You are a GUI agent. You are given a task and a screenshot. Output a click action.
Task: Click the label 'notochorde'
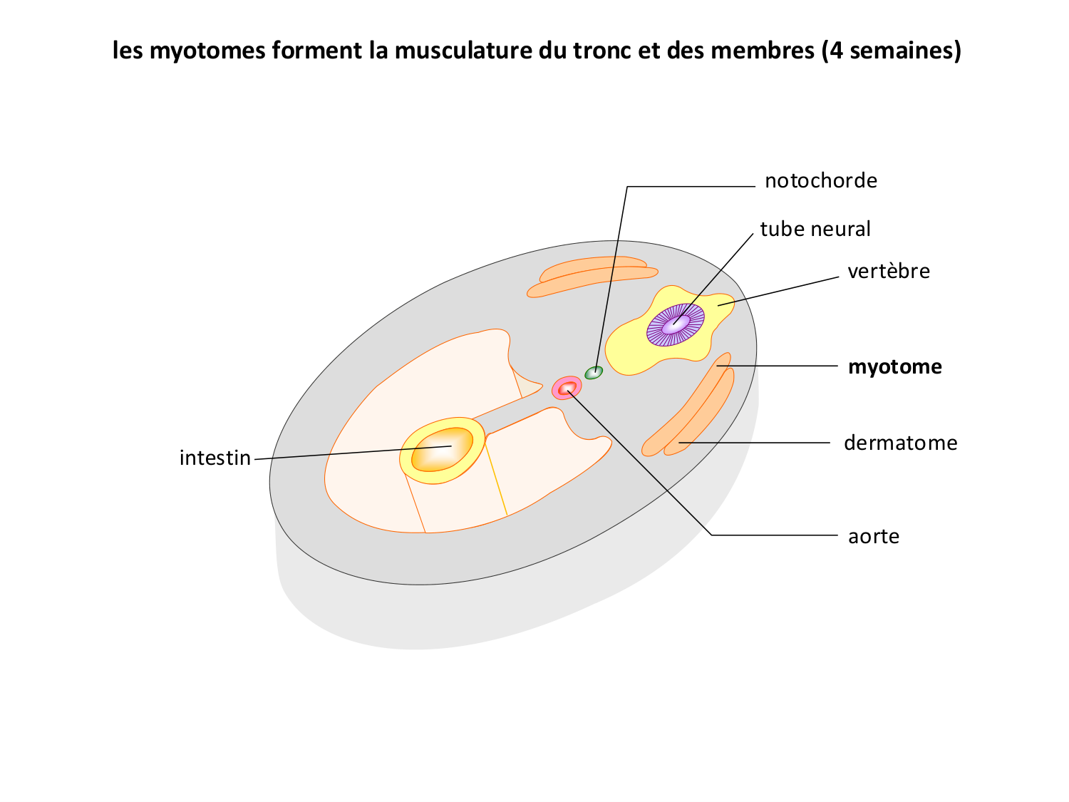pyautogui.click(x=820, y=181)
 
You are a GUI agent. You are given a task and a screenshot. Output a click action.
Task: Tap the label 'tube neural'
pyautogui.click(x=815, y=230)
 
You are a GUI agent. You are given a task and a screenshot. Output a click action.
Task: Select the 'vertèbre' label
pyautogui.click(x=889, y=272)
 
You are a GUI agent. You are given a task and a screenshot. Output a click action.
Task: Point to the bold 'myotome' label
pyautogui.click(x=894, y=367)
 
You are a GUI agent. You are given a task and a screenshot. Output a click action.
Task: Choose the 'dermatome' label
pyautogui.click(x=900, y=443)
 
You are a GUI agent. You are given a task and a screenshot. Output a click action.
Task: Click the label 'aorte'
pyautogui.click(x=874, y=536)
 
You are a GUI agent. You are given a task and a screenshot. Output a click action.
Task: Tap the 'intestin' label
pyautogui.click(x=215, y=458)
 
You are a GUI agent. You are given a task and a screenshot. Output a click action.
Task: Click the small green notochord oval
pyautogui.click(x=594, y=372)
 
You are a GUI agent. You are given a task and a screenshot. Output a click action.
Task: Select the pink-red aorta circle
pyautogui.click(x=567, y=388)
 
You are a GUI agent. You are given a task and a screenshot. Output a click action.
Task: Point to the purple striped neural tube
pyautogui.click(x=676, y=325)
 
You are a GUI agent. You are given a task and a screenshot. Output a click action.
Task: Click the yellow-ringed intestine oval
pyautogui.click(x=443, y=451)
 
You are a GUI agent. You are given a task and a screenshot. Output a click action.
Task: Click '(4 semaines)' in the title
pyautogui.click(x=891, y=51)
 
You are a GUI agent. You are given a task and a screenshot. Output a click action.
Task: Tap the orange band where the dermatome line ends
pyautogui.click(x=682, y=443)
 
